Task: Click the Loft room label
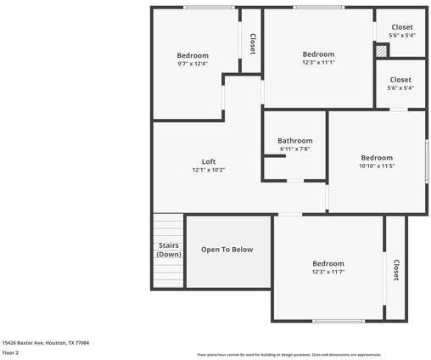click(x=208, y=161)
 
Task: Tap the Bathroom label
click(x=295, y=141)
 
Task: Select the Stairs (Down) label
click(x=169, y=250)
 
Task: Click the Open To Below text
click(x=227, y=250)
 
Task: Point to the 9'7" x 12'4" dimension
click(x=193, y=64)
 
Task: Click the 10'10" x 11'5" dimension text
click(x=377, y=166)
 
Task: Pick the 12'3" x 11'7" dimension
click(x=327, y=272)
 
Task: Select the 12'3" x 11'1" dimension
click(x=318, y=62)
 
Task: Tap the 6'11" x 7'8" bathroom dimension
click(x=295, y=149)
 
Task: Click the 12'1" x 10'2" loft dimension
click(x=208, y=170)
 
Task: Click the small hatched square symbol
click(x=382, y=51)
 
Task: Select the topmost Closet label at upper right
click(x=401, y=27)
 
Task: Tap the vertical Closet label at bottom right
click(x=395, y=270)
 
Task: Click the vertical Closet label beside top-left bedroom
click(x=252, y=42)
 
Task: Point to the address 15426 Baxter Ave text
click(x=45, y=343)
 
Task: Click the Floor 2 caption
click(x=10, y=352)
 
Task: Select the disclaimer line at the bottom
click(x=288, y=355)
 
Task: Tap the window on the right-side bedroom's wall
click(x=427, y=160)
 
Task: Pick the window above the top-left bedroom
click(x=210, y=8)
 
